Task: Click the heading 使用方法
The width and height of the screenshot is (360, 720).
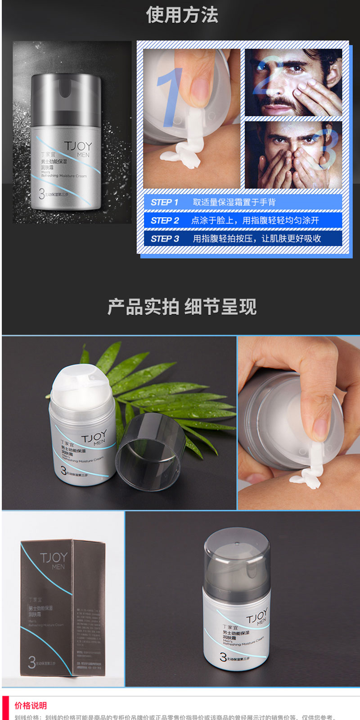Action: click(x=182, y=15)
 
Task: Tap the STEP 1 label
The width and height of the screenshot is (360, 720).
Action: click(x=165, y=202)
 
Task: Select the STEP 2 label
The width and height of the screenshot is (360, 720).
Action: click(x=165, y=220)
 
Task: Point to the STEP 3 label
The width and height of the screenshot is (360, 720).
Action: click(x=165, y=239)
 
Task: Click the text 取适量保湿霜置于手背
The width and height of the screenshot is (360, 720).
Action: click(x=234, y=202)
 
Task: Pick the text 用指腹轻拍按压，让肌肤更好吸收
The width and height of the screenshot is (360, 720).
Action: click(x=257, y=239)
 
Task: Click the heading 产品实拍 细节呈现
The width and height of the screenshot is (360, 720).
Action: click(x=182, y=307)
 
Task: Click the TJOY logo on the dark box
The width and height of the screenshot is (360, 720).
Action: click(x=54, y=558)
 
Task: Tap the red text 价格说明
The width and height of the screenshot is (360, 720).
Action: click(x=31, y=706)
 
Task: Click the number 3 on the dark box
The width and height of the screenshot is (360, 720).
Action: click(x=31, y=662)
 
